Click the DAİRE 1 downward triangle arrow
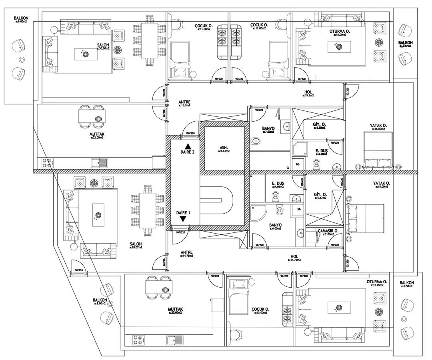click(183, 219)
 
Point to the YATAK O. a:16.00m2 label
click(378, 127)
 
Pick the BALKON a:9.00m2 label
click(21, 20)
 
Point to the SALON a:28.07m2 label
click(136, 245)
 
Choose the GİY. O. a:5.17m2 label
click(320, 195)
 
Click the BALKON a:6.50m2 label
click(407, 284)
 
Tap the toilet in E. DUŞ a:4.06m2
click(276, 196)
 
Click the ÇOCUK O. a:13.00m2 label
click(260, 311)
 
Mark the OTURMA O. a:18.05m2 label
click(376, 283)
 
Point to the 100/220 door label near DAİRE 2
click(190, 133)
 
